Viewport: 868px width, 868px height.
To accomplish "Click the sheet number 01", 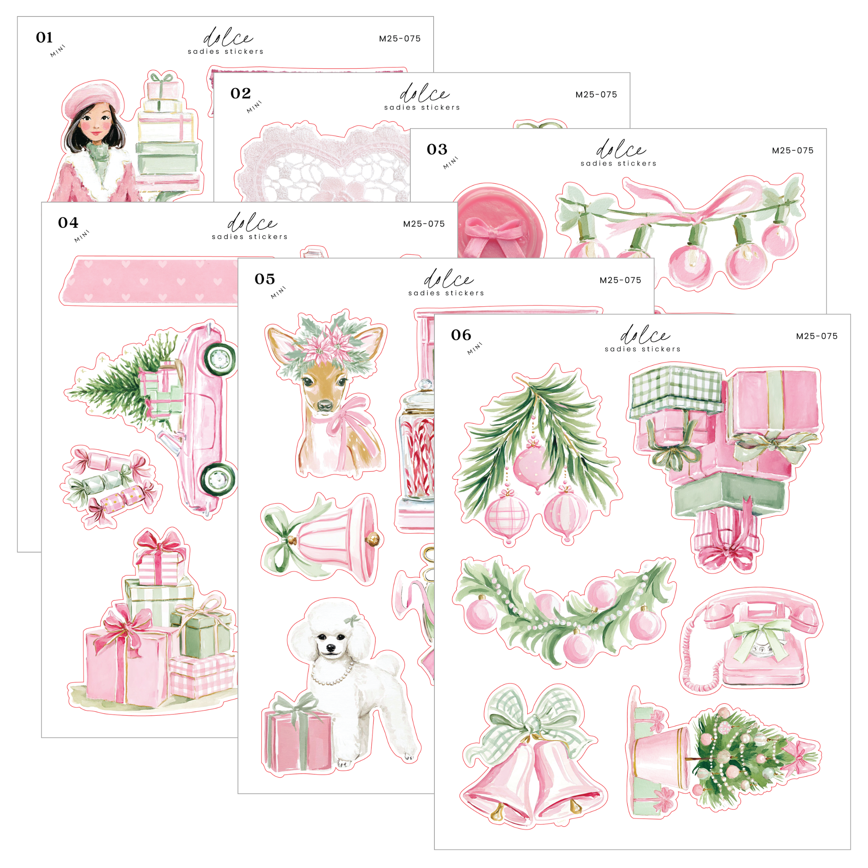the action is point(44,37).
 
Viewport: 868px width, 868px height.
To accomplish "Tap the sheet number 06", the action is point(461,335).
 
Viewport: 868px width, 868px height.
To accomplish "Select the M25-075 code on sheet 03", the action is point(792,151).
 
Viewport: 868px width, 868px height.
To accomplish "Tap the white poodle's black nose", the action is point(330,648).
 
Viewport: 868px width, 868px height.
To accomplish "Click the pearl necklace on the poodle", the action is point(332,674).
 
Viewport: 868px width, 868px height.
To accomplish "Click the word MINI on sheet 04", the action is point(82,236).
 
